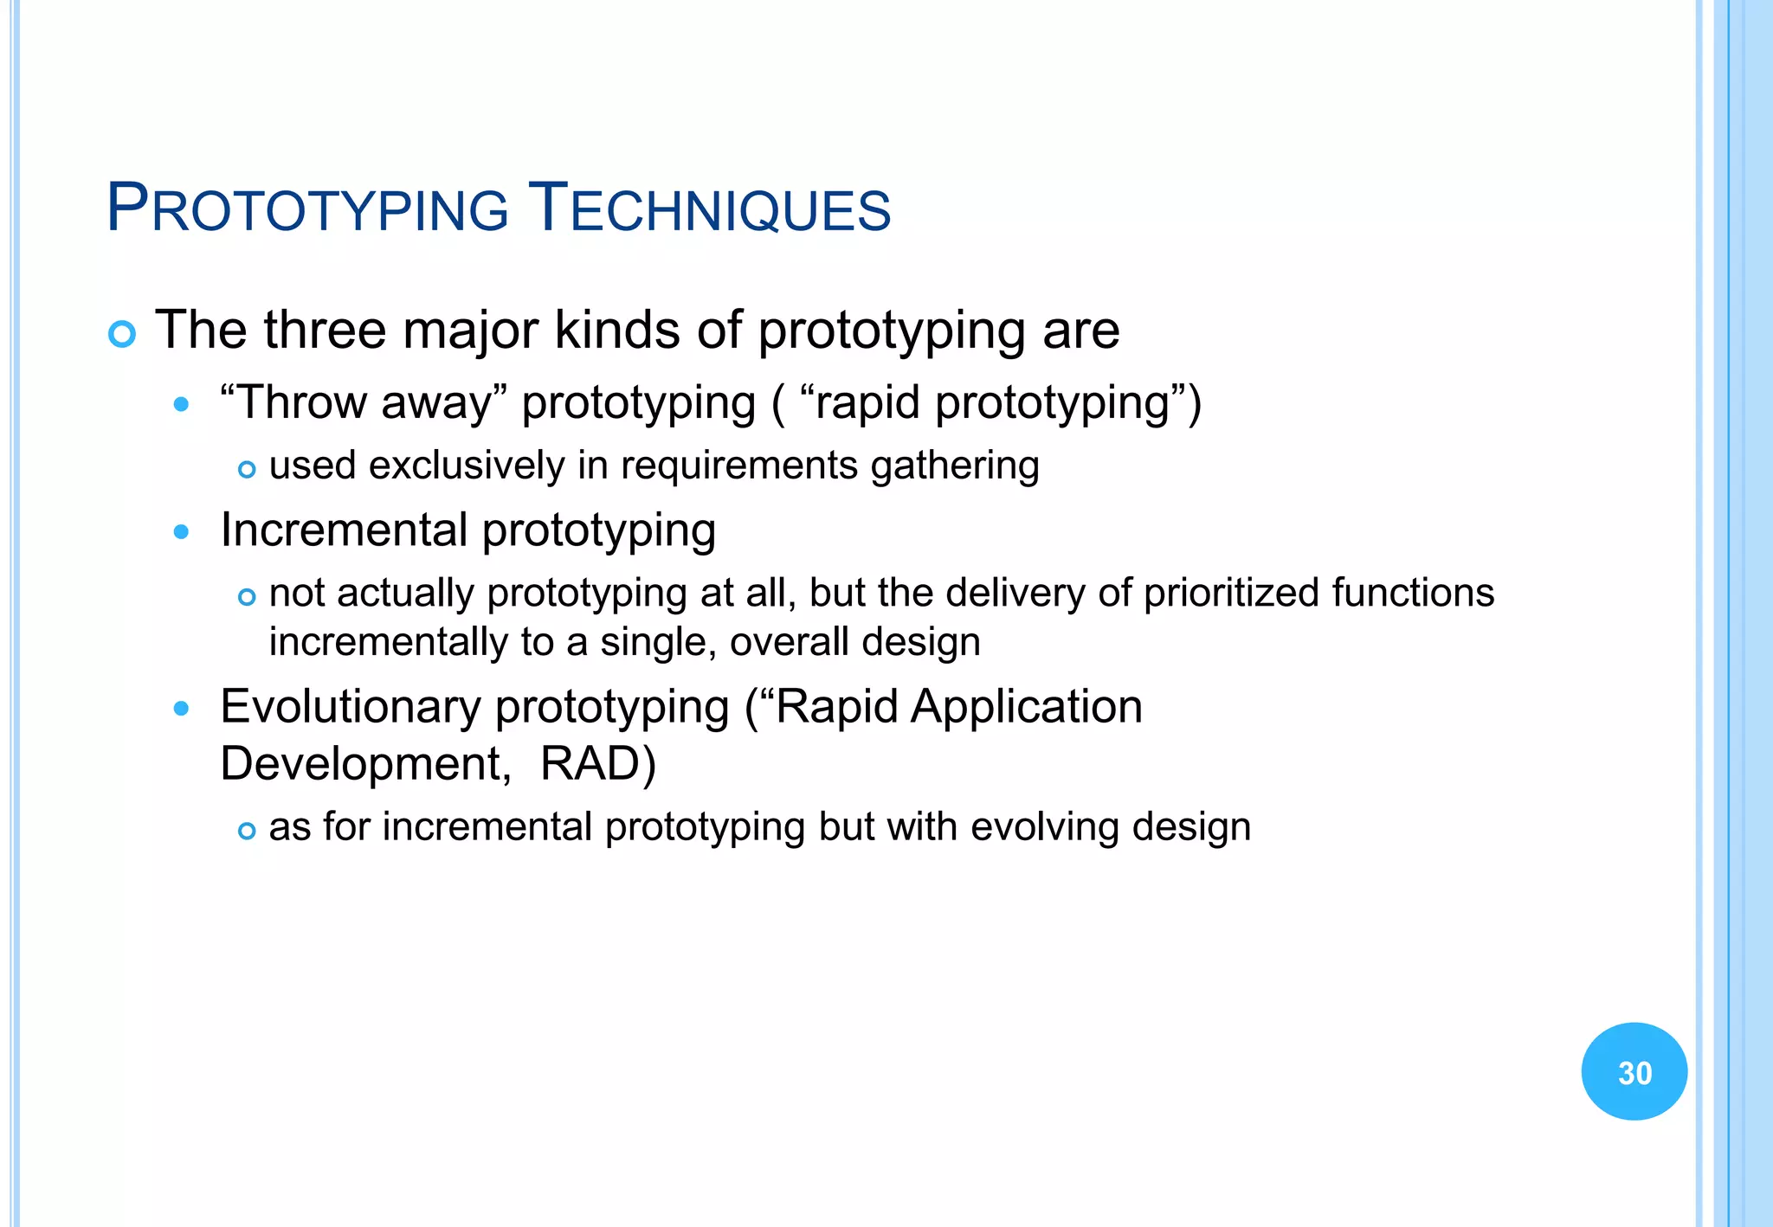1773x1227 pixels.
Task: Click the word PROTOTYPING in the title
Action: point(307,209)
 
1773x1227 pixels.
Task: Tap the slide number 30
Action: point(1634,1073)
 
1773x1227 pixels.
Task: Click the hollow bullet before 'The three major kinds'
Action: point(122,334)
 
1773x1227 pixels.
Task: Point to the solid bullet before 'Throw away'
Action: point(181,404)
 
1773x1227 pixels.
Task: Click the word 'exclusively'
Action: point(467,466)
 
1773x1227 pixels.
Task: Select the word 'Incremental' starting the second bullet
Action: point(344,530)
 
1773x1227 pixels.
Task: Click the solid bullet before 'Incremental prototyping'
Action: point(181,531)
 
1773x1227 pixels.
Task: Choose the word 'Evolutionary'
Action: point(350,707)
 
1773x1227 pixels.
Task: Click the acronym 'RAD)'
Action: point(597,764)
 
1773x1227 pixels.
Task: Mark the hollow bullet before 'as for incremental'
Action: point(247,832)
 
